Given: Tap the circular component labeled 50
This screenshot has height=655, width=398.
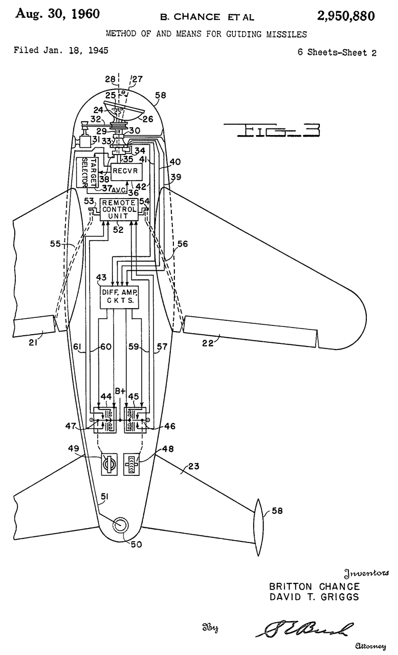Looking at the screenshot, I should (120, 525).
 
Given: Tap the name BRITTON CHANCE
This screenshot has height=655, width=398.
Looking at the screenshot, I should (314, 586).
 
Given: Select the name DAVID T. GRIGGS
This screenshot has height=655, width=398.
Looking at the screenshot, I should (314, 597).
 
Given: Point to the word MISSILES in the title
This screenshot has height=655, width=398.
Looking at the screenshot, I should (288, 34).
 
